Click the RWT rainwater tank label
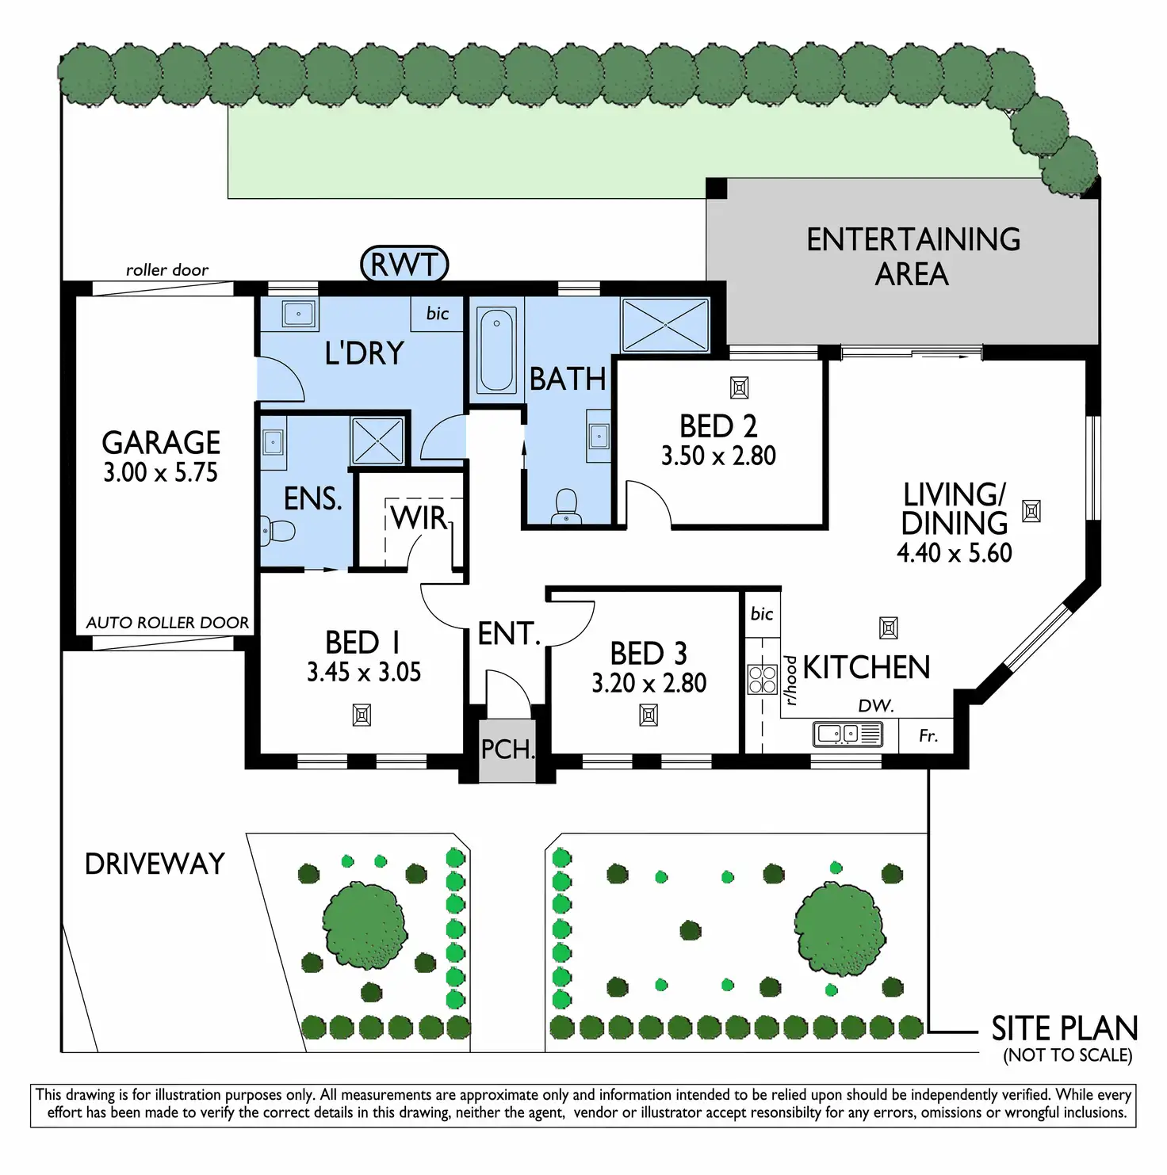click(404, 265)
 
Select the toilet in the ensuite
click(276, 530)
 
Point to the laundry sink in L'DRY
click(298, 315)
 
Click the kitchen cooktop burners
click(763, 679)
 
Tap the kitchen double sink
click(848, 734)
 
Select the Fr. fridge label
click(928, 736)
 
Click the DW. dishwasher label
click(876, 706)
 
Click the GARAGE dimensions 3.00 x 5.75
click(160, 473)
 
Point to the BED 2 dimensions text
click(718, 456)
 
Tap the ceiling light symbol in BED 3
click(649, 716)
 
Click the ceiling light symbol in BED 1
click(362, 716)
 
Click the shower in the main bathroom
click(665, 324)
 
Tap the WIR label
click(419, 518)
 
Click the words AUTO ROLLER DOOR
click(167, 623)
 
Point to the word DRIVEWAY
click(155, 864)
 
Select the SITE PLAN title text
click(1065, 1028)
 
